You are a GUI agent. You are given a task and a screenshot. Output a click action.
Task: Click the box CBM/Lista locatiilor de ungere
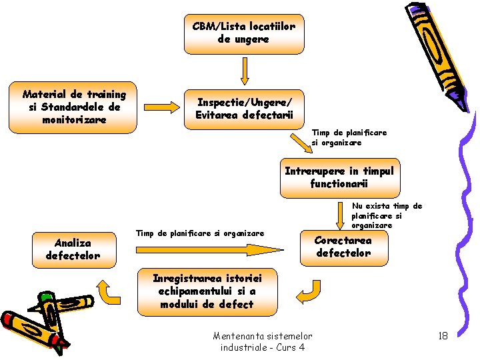[x=243, y=33]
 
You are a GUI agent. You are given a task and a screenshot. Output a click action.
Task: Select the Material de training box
[x=73, y=107]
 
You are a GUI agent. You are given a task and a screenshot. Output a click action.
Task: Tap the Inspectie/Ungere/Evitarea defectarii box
[x=243, y=109]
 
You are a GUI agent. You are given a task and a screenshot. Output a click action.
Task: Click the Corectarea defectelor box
[x=343, y=247]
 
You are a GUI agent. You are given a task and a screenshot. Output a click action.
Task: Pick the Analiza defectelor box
[x=73, y=249]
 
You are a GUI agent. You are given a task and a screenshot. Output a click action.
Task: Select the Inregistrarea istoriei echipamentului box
[x=207, y=291]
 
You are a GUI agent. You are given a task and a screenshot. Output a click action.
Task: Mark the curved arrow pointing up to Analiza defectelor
[x=105, y=291]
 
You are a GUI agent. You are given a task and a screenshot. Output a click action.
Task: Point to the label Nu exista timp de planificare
[x=387, y=216]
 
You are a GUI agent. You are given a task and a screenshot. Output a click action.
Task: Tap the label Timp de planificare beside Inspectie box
[x=349, y=137]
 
